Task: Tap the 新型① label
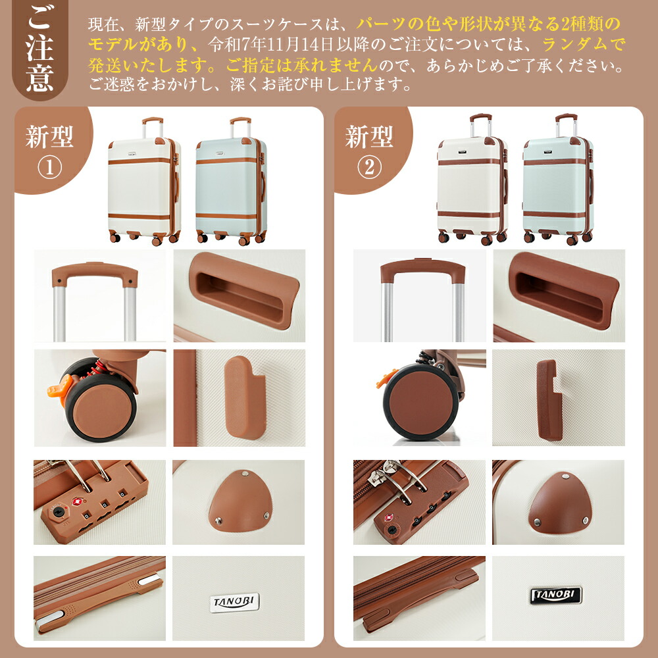tap(49, 151)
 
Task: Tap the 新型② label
tap(369, 151)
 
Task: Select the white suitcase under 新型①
tap(144, 182)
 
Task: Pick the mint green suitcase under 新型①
tap(231, 182)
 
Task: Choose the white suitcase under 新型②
tap(472, 180)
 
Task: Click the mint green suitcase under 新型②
tap(559, 180)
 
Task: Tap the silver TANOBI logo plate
tap(234, 603)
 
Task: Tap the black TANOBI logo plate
tap(556, 595)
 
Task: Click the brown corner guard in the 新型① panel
tap(240, 502)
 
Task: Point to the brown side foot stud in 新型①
tap(245, 397)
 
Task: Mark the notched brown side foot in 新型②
tap(548, 400)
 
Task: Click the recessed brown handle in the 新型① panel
tap(244, 290)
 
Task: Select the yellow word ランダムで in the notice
tap(583, 44)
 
